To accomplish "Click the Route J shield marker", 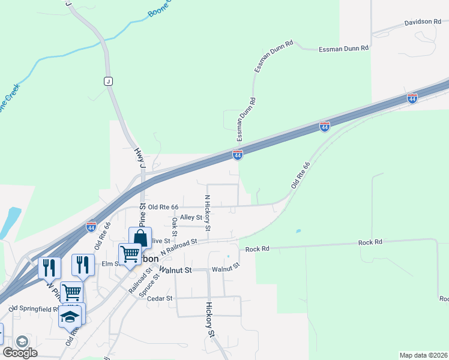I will pyautogui.click(x=109, y=81).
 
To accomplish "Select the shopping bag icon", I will pyautogui.click(x=140, y=238).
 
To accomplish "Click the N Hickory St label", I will pyautogui.click(x=208, y=213).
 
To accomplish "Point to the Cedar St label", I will pyautogui.click(x=161, y=298).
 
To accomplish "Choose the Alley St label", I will pyautogui.click(x=191, y=218).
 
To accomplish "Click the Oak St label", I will pyautogui.click(x=174, y=226).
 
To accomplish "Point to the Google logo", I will pyautogui.click(x=20, y=353).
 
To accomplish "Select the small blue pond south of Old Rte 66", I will pyautogui.click(x=298, y=231).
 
